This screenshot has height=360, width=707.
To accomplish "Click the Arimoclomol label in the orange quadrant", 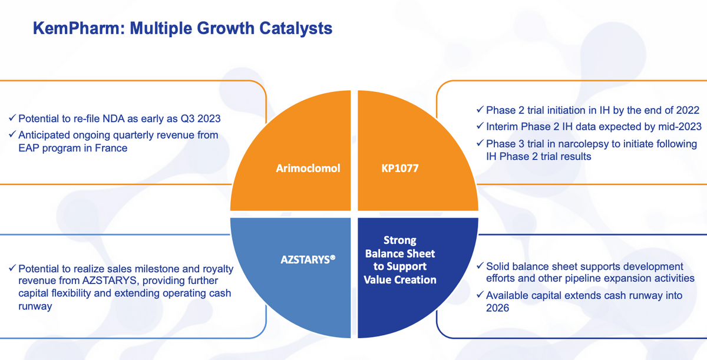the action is point(308,168).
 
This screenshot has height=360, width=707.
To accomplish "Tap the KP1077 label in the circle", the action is point(400,168).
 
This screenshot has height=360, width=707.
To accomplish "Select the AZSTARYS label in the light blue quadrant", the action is point(308,259).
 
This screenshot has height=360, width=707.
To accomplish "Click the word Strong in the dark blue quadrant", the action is point(400,240).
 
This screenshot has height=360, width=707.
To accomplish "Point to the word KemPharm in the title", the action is point(76,28).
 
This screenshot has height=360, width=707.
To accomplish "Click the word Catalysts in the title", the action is point(296,28).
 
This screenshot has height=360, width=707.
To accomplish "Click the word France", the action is point(111,148).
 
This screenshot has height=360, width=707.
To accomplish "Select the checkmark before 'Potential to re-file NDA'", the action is point(12,118).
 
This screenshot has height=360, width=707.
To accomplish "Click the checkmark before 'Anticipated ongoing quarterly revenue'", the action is point(12,134).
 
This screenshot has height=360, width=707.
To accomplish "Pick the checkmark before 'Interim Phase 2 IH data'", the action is point(480,126).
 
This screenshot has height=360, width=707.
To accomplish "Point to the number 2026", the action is point(497,308).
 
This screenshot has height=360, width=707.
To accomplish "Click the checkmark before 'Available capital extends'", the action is point(480,295).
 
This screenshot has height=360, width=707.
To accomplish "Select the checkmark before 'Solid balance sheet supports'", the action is point(480,266).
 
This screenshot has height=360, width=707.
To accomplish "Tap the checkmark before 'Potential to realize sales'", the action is point(12,268).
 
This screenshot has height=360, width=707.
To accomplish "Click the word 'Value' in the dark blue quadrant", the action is point(378,280).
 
